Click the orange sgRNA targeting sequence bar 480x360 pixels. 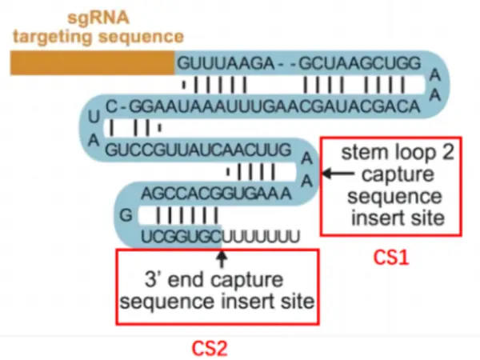click(x=92, y=62)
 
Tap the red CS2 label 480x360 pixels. click(x=211, y=348)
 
